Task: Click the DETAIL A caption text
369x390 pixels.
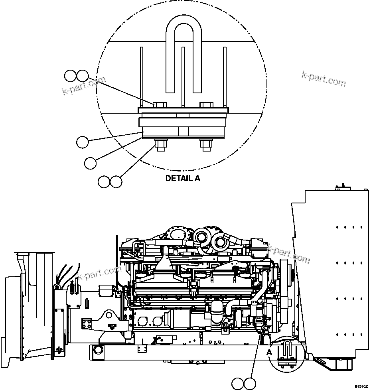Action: [x=183, y=179]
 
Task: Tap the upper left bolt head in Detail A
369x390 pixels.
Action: [x=159, y=105]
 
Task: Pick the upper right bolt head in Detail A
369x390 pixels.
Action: [x=206, y=105]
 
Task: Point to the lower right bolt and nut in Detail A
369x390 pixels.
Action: [x=206, y=144]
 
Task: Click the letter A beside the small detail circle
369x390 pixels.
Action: [x=270, y=353]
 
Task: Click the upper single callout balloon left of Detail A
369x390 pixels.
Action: [x=83, y=142]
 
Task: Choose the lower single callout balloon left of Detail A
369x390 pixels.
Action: [x=91, y=162]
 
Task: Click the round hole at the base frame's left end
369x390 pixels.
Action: [x=97, y=351]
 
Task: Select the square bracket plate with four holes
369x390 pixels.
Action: [x=87, y=322]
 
